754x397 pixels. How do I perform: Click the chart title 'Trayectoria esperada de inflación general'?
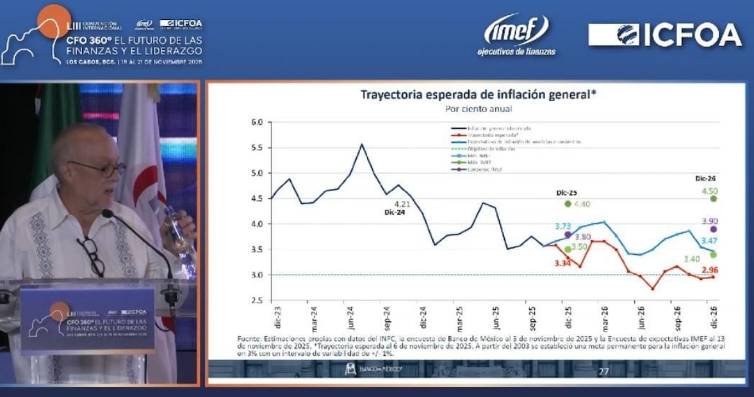click(x=479, y=95)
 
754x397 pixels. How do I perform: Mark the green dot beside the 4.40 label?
click(x=568, y=204)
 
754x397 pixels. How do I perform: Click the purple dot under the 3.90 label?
click(x=713, y=229)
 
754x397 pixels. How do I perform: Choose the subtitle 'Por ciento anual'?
click(x=478, y=109)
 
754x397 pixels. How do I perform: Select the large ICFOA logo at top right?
click(x=665, y=35)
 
